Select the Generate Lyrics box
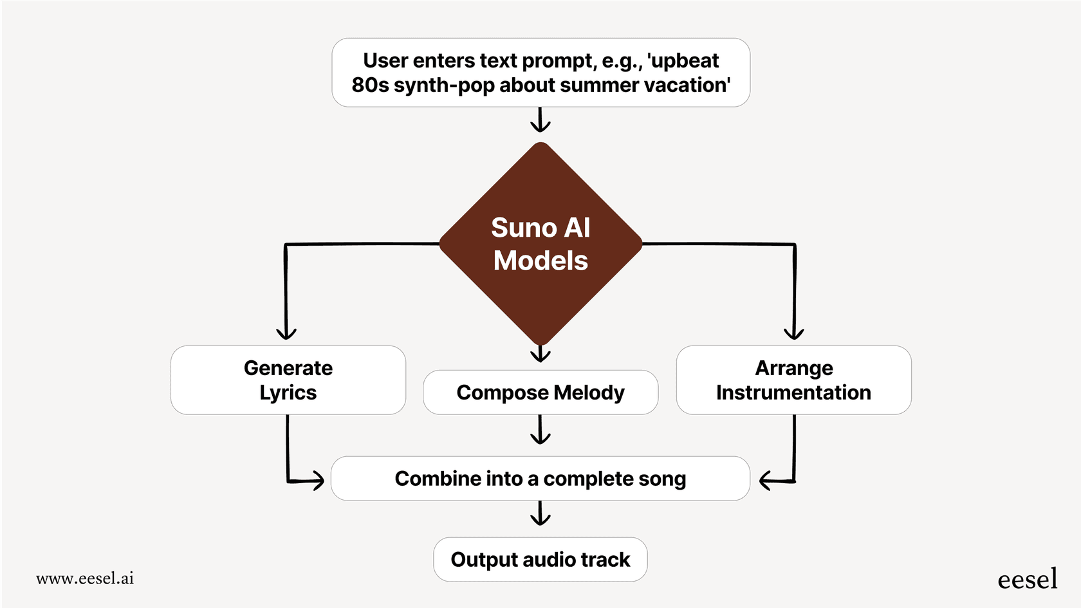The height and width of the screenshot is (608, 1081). pos(288,380)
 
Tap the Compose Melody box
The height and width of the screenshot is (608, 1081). pos(540,392)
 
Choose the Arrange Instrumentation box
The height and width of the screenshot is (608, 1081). pos(793,380)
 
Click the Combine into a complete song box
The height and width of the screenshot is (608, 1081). pos(540,478)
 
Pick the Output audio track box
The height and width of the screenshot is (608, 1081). pos(540,559)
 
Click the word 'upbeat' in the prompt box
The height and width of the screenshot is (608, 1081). pos(685,60)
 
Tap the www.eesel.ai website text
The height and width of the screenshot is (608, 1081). pos(85,578)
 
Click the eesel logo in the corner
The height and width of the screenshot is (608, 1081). pos(1027,579)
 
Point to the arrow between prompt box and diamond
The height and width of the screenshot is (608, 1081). pos(540,120)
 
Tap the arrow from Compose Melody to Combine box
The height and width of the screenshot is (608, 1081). pos(540,430)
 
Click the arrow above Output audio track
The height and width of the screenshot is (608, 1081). pos(540,513)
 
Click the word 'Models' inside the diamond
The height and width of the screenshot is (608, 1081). pos(540,261)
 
